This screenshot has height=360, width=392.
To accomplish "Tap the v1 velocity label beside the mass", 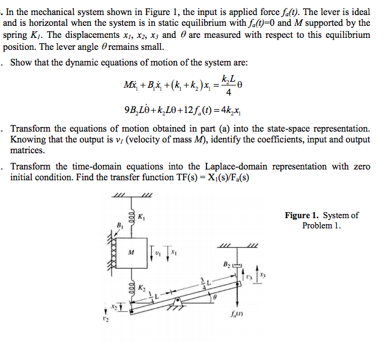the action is pos(157,252).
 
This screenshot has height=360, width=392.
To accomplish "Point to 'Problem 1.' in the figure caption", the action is pos(321,226).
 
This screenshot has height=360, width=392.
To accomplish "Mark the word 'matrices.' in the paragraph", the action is pos(28,150).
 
